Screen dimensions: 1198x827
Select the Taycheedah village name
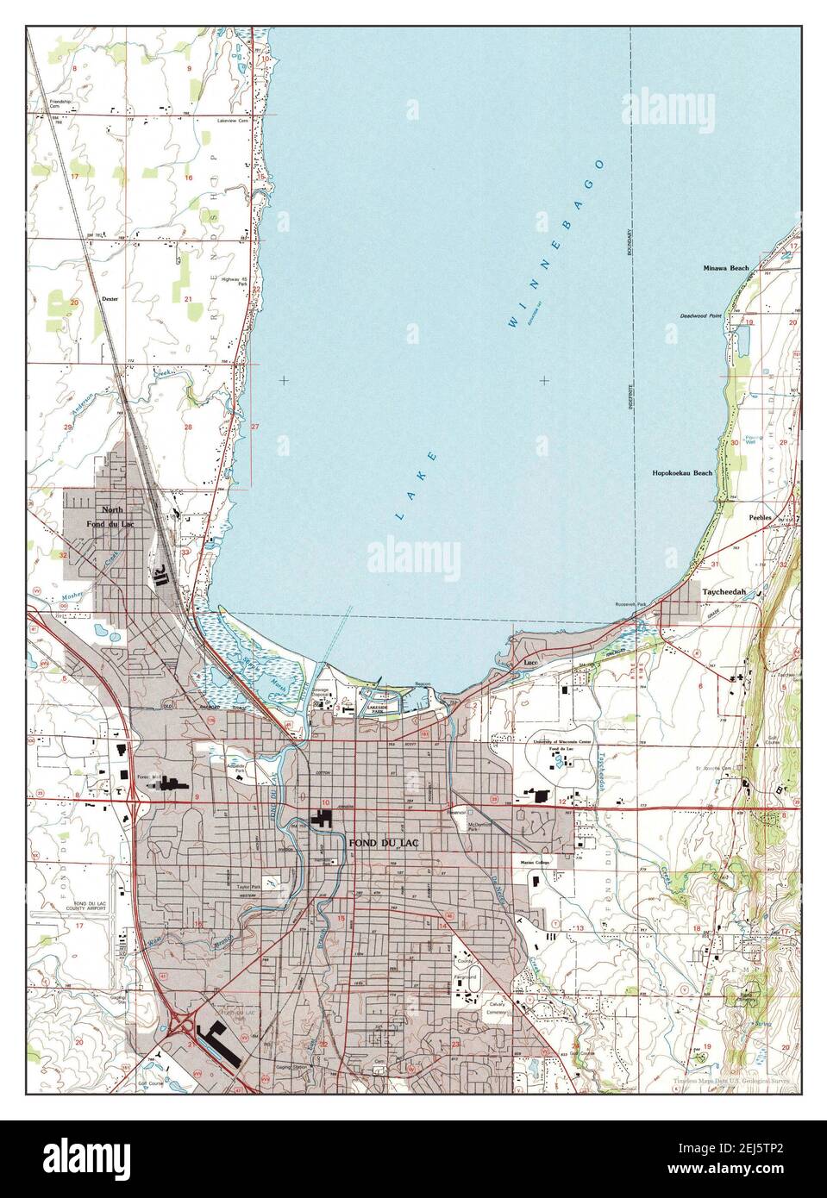pyautogui.click(x=729, y=593)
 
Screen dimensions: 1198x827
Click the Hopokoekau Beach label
pyautogui.click(x=682, y=473)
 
